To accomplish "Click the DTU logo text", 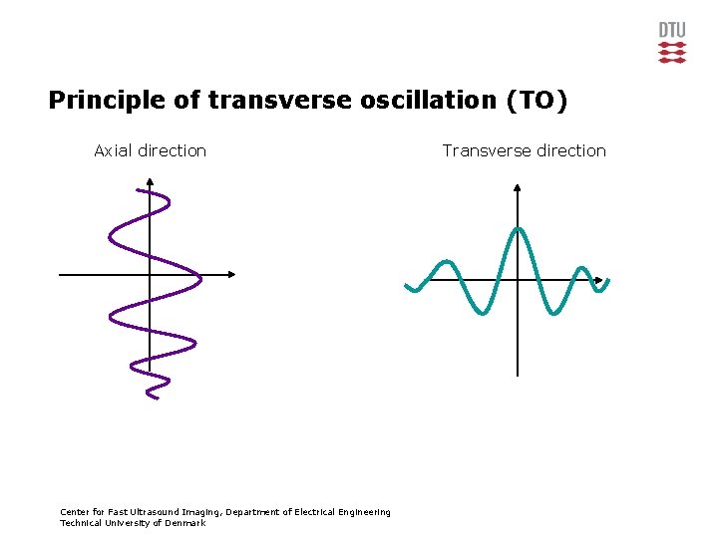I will click(x=672, y=29).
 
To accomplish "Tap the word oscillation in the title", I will click(x=400, y=101).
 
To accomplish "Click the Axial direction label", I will click(x=150, y=150).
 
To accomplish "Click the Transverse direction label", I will click(x=524, y=150).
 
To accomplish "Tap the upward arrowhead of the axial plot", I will click(x=149, y=182).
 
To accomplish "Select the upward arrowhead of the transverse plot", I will click(x=518, y=187).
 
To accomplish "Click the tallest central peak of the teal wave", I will click(x=518, y=230).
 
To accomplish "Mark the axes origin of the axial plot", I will click(x=149, y=274).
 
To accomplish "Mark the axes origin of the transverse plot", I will click(x=518, y=281).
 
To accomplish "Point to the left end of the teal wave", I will click(x=408, y=288).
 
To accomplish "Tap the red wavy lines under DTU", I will click(x=672, y=52).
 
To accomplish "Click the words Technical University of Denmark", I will click(x=133, y=523).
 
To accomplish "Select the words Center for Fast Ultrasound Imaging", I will click(x=141, y=512).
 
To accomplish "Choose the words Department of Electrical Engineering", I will click(x=308, y=512).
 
